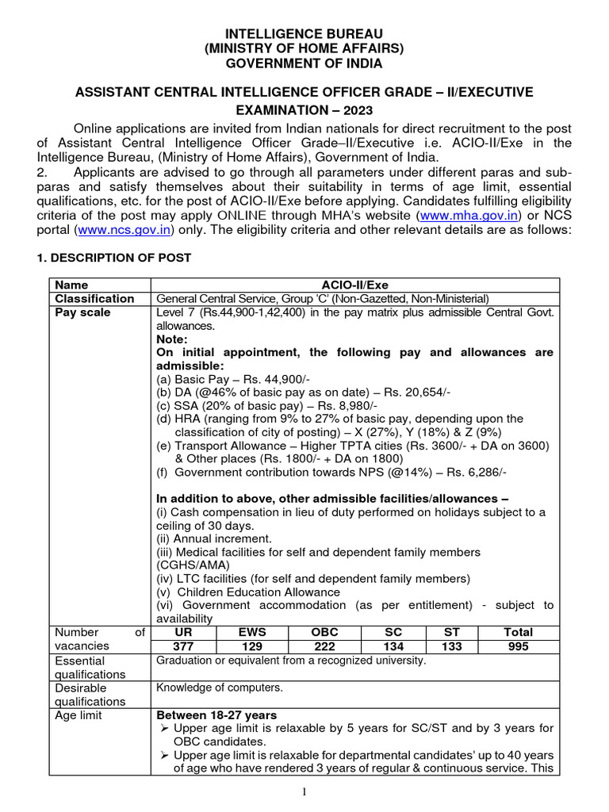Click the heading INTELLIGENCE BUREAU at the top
304,34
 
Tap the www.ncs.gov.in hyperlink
125,230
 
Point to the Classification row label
94,298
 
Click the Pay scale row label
82,312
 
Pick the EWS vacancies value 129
253,646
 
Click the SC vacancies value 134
393,646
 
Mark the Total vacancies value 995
519,646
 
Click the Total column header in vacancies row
519,633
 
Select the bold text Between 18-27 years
216,715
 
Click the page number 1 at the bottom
304,794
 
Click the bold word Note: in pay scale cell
172,339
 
